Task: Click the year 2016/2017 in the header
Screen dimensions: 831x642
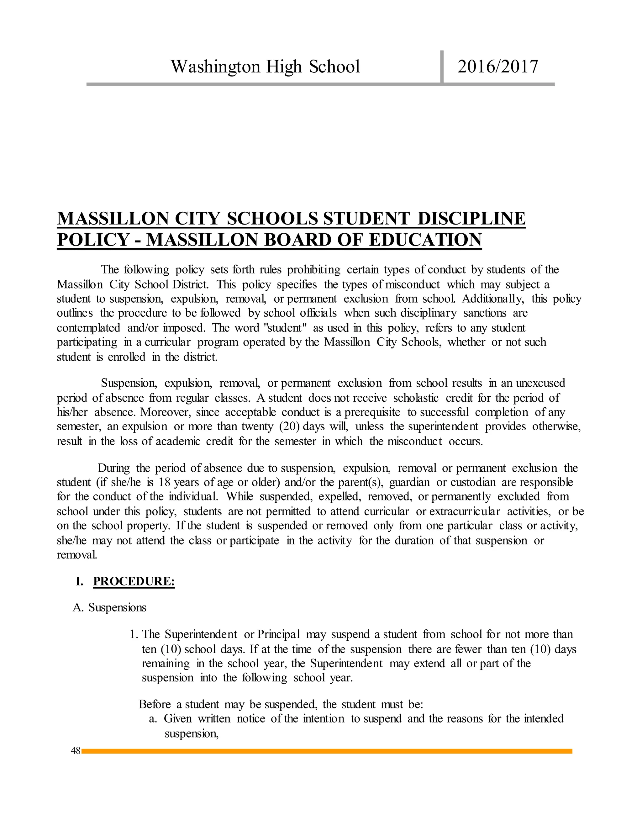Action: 497,66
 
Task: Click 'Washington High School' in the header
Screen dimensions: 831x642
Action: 265,66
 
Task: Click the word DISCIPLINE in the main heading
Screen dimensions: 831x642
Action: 471,219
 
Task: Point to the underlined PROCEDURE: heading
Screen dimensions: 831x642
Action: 134,581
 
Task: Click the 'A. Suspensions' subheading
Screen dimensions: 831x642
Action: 109,607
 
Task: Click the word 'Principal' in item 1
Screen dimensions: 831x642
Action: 278,634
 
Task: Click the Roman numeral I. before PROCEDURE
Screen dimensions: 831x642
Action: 79,581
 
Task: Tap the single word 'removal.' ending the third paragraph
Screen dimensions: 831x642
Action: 77,554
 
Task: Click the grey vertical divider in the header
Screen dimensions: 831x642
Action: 442,66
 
